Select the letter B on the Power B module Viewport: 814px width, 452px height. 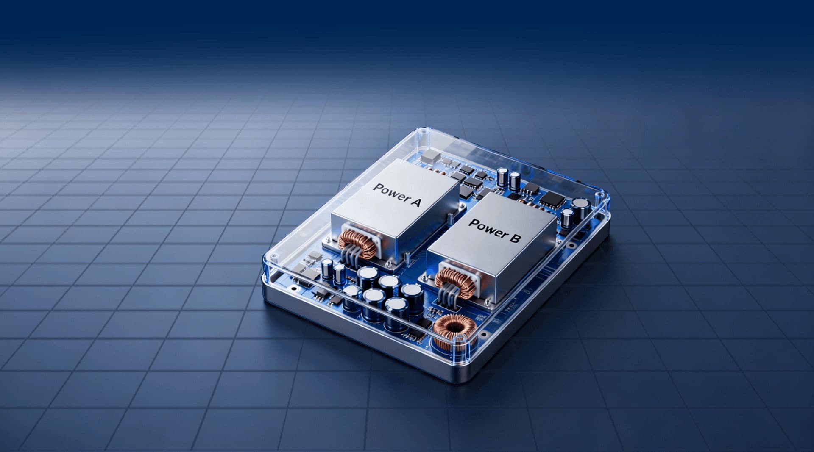coord(513,238)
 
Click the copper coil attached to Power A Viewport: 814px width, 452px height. coord(357,244)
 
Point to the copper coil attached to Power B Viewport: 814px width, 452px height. coord(454,280)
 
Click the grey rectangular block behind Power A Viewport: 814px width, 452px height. coord(431,155)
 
